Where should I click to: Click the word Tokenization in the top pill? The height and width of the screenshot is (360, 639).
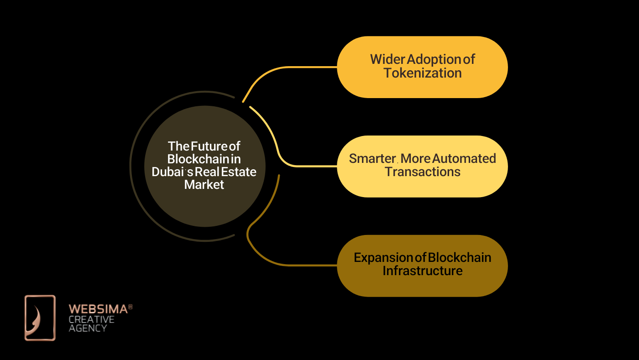pos(423,73)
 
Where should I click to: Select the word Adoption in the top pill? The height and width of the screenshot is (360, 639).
pos(434,60)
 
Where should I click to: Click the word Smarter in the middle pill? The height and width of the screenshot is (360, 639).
pos(372,159)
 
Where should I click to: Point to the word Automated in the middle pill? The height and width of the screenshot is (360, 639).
pos(464,159)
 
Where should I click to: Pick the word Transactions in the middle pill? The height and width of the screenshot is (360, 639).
pos(423,172)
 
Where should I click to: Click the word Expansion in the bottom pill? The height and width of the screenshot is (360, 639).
pos(383,258)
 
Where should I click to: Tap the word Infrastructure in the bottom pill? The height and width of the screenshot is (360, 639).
pos(423,271)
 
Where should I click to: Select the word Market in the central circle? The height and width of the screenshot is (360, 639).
pos(204,185)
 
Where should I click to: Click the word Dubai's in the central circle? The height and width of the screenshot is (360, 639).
pos(173,172)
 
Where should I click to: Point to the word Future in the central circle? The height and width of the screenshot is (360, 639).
pos(209,146)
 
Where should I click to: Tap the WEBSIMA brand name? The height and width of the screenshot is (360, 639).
pos(99,309)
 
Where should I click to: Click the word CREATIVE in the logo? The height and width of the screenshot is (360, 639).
pos(91,319)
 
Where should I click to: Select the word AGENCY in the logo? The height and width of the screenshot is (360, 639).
pos(88,328)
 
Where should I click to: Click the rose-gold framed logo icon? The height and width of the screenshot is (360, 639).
pos(40,318)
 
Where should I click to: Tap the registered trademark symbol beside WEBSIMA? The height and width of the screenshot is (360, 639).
pos(131,307)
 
